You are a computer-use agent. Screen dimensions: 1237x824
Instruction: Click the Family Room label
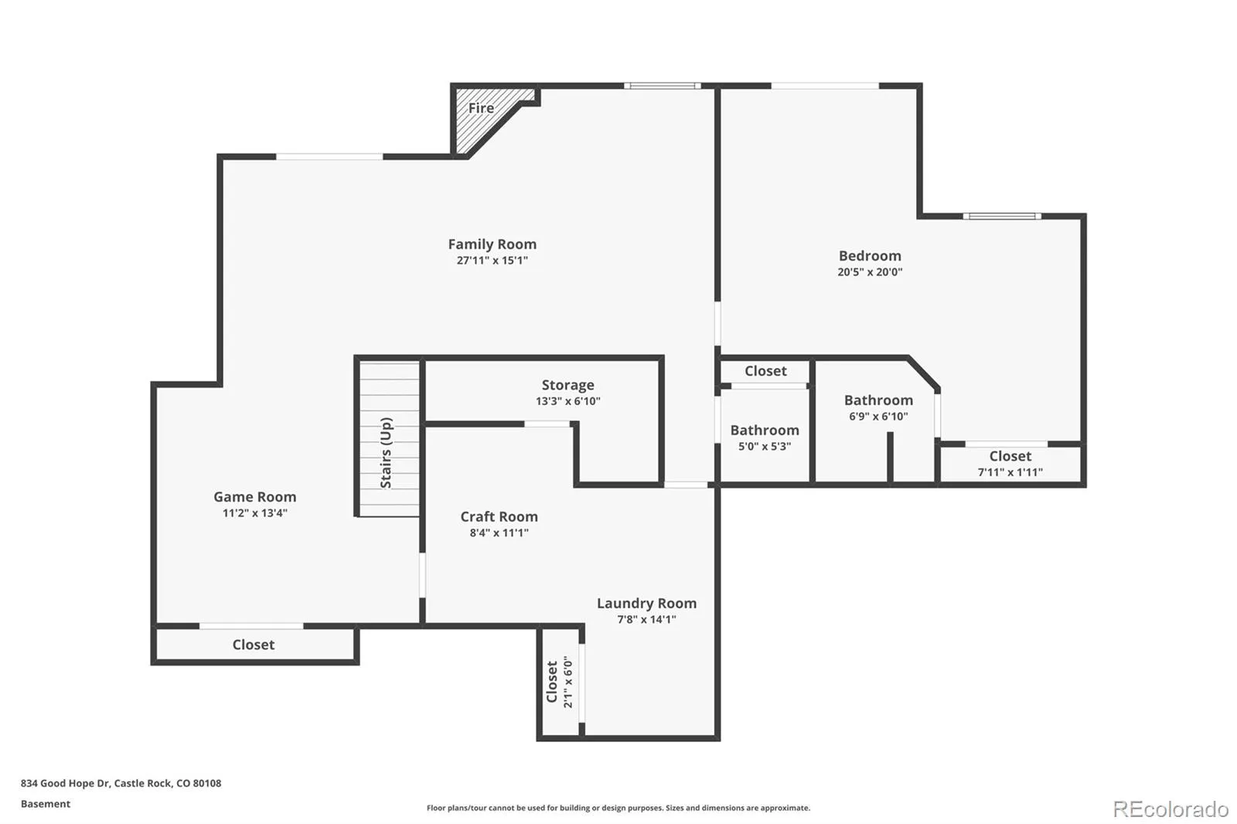coord(492,244)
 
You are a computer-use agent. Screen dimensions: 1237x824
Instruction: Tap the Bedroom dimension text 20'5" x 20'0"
coord(870,272)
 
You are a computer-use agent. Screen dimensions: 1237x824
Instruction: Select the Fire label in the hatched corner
coord(481,108)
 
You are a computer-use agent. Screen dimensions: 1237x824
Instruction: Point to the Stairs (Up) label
coord(386,453)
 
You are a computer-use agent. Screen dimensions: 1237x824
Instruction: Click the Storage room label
coord(567,385)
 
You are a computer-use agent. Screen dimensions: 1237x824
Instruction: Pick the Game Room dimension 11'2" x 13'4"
coord(254,513)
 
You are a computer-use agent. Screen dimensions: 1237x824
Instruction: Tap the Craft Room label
coord(499,516)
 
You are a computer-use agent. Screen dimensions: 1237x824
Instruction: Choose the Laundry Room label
coord(646,603)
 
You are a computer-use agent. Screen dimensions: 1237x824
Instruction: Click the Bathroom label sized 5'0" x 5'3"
coord(765,431)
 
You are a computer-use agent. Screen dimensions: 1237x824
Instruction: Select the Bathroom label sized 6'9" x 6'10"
coord(878,400)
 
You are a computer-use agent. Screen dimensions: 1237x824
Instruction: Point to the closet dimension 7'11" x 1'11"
coord(1010,472)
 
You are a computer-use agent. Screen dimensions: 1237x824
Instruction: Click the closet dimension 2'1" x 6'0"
coord(567,682)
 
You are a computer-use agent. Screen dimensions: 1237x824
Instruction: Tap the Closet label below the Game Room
coord(254,645)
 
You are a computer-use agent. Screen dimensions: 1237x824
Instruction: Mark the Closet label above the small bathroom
coord(765,371)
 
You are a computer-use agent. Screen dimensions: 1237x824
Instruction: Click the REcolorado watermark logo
coord(1171,809)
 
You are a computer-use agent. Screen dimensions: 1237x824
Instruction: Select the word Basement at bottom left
coord(46,804)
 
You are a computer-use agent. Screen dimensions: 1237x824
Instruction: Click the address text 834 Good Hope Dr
coord(66,783)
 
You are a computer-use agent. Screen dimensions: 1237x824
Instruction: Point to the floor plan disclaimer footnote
coord(618,808)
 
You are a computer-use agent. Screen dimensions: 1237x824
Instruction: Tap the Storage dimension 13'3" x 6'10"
coord(567,401)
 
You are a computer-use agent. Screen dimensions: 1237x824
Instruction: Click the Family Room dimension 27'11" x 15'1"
coord(492,260)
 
